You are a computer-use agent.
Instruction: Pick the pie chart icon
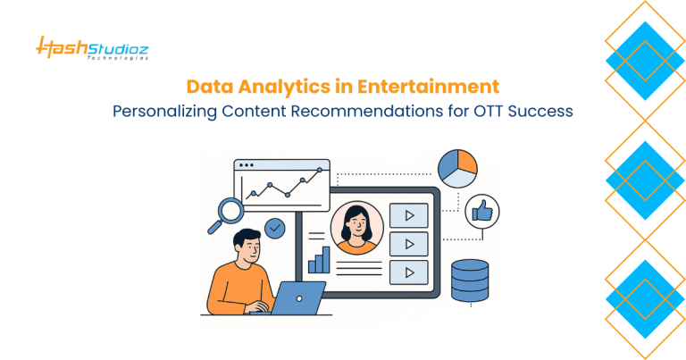point(458,168)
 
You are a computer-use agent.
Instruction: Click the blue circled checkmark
point(276,228)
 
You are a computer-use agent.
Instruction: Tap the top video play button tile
point(409,215)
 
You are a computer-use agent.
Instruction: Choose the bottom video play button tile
point(409,272)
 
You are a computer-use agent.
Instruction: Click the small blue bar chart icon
point(319,260)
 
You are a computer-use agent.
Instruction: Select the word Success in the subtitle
point(534,113)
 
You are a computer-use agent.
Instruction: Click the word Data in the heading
point(207,88)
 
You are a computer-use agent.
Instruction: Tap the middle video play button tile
point(409,244)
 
